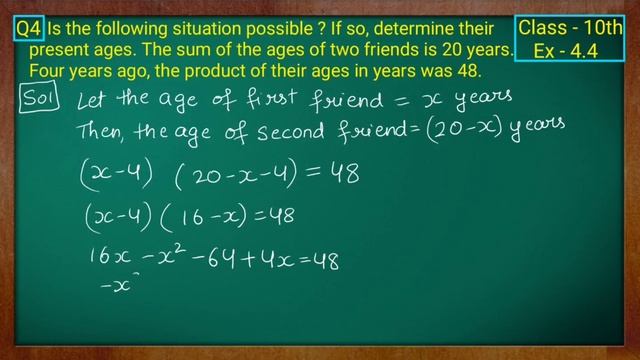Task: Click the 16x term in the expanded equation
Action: pyautogui.click(x=111, y=260)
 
